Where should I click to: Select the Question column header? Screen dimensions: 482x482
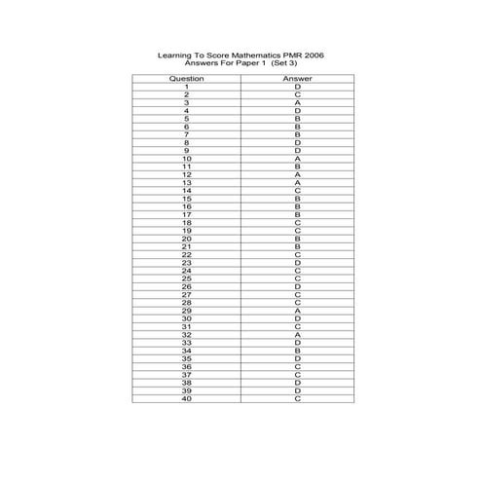coord(186,78)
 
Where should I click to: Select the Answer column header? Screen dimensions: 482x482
coord(297,78)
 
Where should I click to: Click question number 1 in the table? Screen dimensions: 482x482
coord(186,86)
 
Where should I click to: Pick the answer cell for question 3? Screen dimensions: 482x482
coord(297,102)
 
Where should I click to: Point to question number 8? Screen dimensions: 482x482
coord(186,142)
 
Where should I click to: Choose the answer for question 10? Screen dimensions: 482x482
coord(297,159)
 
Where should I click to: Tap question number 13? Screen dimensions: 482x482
coord(186,182)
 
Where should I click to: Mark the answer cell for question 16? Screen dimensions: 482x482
coord(297,206)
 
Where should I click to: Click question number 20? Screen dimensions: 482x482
coord(186,239)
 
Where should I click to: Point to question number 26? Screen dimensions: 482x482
coord(186,286)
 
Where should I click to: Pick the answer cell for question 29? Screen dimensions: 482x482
coord(297,311)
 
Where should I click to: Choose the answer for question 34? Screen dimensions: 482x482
coord(297,351)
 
